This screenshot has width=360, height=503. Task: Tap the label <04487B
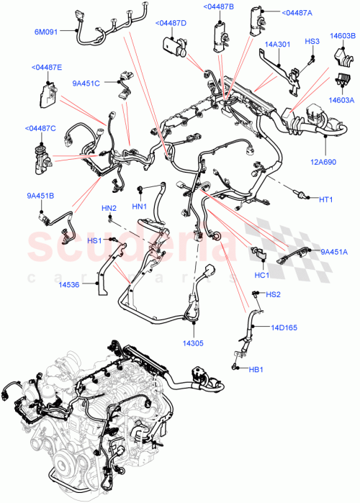point(217,6)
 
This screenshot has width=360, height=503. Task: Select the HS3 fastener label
point(312,41)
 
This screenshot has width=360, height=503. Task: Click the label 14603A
point(341,101)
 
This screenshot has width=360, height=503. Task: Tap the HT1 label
point(327,199)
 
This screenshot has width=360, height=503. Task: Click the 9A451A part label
point(334,252)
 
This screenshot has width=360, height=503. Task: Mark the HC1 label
point(261,274)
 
